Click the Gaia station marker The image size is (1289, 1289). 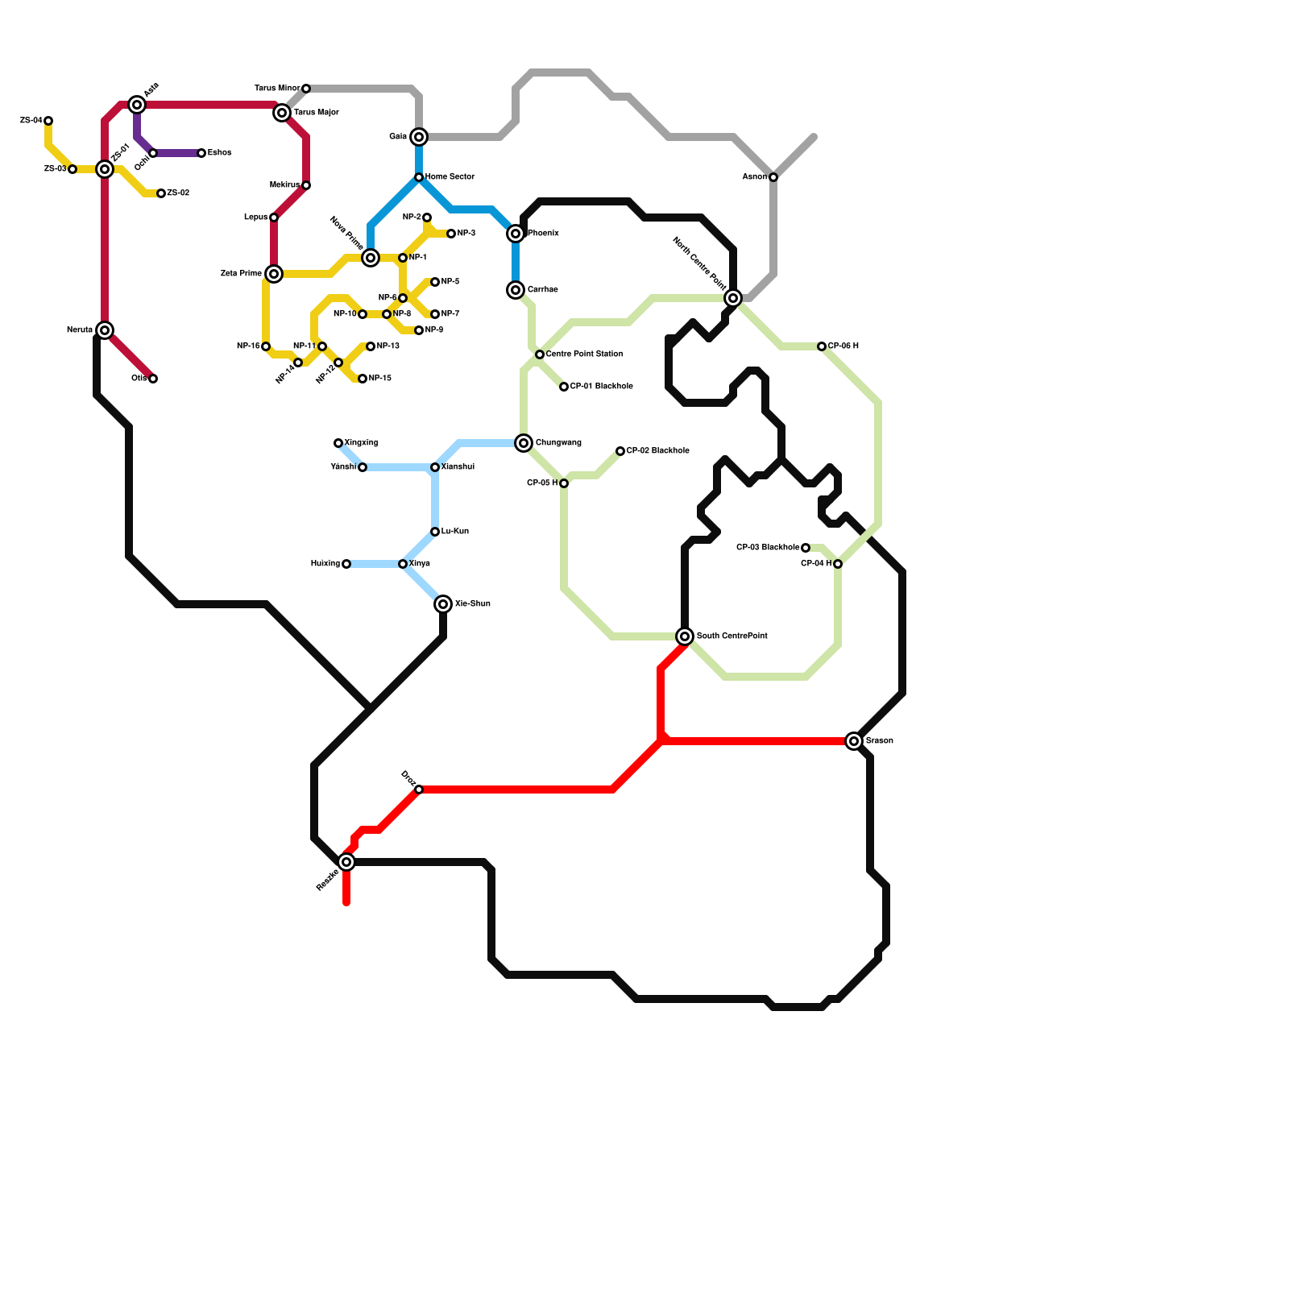tap(419, 137)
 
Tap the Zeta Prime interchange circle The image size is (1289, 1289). tap(274, 274)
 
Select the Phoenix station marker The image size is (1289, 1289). tap(516, 234)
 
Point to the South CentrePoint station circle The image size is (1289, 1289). tap(685, 636)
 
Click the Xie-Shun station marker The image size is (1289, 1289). tap(443, 604)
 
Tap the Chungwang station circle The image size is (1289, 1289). tap(524, 443)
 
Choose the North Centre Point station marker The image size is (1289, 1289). tap(733, 298)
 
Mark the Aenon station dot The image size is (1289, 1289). tap(773, 177)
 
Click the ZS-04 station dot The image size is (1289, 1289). tap(48, 121)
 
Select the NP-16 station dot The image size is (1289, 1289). tap(266, 346)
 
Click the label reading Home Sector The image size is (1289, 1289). tap(450, 177)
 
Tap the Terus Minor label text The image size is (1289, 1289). tap(277, 89)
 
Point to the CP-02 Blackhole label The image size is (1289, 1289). tap(657, 451)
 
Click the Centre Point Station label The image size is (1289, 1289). tap(584, 354)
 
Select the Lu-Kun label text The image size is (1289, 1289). tap(454, 532)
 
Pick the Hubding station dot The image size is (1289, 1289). tap(346, 564)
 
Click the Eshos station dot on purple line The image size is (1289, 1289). tap(201, 153)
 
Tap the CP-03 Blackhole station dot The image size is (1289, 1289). tap(806, 548)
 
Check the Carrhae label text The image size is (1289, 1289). tap(543, 290)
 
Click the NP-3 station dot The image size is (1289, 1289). tap(451, 234)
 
